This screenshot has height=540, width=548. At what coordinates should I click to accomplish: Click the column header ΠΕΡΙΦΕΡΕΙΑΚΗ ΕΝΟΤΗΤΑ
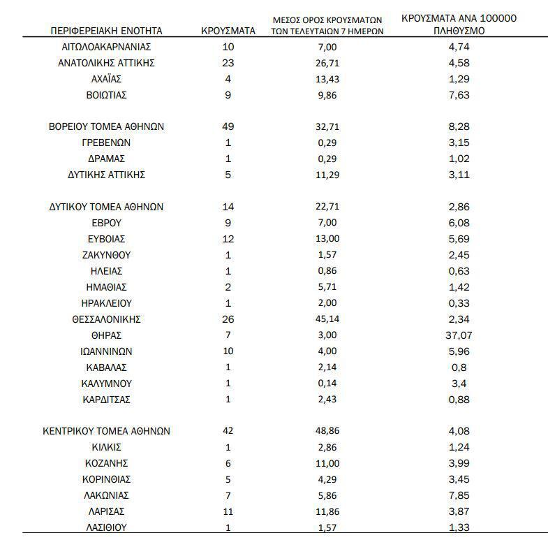pyautogui.click(x=107, y=31)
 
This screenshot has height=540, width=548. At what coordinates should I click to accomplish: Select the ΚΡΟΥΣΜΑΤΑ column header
pyautogui.click(x=228, y=31)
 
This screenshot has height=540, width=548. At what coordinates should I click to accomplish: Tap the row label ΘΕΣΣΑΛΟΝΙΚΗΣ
pyautogui.click(x=107, y=319)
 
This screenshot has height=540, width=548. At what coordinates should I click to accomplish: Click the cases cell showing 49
pyautogui.click(x=228, y=126)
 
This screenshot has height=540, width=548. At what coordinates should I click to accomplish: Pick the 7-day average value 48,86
pyautogui.click(x=327, y=431)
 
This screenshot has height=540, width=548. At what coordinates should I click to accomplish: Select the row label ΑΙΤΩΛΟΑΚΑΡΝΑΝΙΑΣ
pyautogui.click(x=107, y=47)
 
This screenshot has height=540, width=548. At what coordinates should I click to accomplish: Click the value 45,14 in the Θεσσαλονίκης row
pyautogui.click(x=327, y=319)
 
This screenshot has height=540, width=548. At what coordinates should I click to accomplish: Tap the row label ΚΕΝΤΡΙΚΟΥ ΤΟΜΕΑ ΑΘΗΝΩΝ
pyautogui.click(x=107, y=431)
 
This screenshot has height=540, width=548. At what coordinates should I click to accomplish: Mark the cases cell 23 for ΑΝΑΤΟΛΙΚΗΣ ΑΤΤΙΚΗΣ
pyautogui.click(x=228, y=63)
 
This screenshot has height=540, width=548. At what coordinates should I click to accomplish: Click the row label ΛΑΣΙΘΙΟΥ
pyautogui.click(x=107, y=527)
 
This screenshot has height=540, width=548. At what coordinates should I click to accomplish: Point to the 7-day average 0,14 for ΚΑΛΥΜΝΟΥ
pyautogui.click(x=327, y=384)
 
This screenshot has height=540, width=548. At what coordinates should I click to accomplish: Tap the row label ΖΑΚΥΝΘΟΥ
pyautogui.click(x=107, y=255)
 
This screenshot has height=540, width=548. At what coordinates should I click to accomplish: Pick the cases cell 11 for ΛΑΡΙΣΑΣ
pyautogui.click(x=228, y=511)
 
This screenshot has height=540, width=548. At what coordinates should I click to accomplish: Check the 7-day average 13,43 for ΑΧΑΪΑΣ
pyautogui.click(x=327, y=78)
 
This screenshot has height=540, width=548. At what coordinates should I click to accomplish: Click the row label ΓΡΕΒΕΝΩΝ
pyautogui.click(x=107, y=143)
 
